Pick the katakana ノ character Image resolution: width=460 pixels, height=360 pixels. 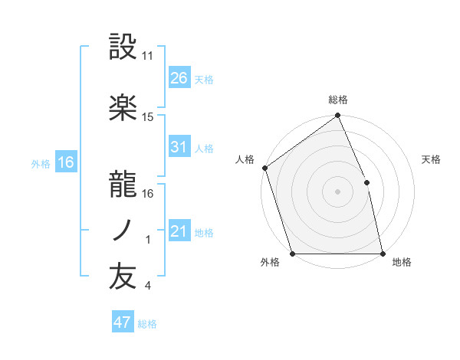123,231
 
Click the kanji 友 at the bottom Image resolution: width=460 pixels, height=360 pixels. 123,278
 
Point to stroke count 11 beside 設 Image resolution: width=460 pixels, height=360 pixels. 148,56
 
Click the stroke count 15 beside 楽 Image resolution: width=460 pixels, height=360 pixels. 148,117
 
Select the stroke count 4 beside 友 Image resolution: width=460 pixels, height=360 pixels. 147,286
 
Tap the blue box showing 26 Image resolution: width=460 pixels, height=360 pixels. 179,77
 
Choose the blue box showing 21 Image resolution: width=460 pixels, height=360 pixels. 179,231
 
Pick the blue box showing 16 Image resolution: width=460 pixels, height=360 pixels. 66,162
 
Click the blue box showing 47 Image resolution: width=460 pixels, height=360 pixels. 122,322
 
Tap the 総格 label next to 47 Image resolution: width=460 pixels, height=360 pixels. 147,324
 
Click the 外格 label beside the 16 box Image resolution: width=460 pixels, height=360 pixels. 40,163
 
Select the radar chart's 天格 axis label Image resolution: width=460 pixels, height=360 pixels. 432,159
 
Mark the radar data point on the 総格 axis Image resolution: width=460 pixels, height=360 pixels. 337,116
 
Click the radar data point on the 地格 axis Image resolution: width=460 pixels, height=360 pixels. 382,254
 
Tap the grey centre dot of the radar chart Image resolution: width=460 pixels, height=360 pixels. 337,191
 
